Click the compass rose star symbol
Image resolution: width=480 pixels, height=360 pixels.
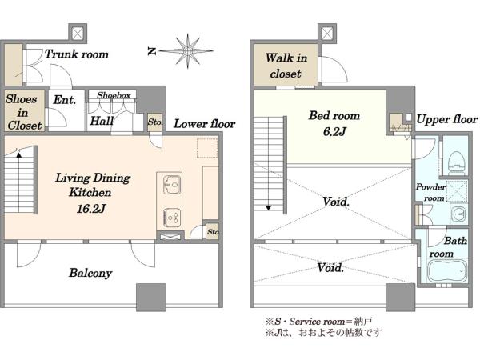coord(187,51)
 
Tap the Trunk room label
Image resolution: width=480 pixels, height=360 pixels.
coord(77,54)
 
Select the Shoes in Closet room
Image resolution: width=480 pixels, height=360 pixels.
coord(24,111)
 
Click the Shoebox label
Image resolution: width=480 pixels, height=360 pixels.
coord(114,95)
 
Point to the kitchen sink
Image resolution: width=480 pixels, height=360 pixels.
coord(171,185)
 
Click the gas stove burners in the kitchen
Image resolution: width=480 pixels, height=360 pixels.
coord(171,218)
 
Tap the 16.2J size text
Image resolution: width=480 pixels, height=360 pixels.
coord(91,209)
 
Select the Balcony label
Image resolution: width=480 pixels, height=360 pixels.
coord(90,273)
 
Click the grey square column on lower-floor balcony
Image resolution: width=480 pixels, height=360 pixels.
coord(151,298)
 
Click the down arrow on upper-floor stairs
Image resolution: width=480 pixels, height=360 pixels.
coord(269,207)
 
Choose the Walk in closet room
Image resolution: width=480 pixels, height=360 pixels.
coord(286,65)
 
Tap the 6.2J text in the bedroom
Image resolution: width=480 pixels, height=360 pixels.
coord(334,132)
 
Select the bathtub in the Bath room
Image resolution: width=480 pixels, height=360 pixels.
coord(446,271)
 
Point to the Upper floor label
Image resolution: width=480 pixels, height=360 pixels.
coord(447,119)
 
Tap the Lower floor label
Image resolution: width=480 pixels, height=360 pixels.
coord(205,124)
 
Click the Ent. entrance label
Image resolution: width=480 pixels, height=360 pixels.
coord(65,100)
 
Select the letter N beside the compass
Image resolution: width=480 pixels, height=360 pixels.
coord(152,51)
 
